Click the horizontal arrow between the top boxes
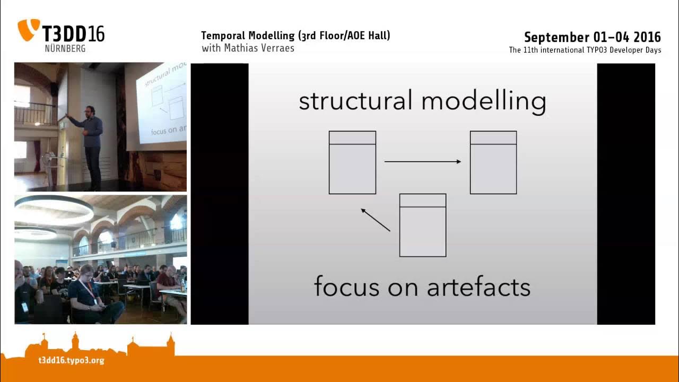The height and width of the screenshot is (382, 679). coord(423,161)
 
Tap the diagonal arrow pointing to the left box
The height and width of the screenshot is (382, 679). coord(375,220)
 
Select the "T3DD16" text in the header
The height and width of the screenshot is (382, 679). coord(73,33)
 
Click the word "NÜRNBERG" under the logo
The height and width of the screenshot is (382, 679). coord(65,48)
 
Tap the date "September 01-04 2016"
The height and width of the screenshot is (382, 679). coord(592,37)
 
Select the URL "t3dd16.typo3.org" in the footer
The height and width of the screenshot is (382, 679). coord(71,361)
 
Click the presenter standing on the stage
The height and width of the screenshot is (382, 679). coord(92,143)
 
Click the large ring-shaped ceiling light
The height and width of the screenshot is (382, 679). coord(53,210)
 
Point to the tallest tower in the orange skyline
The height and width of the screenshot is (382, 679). coord(75,342)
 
